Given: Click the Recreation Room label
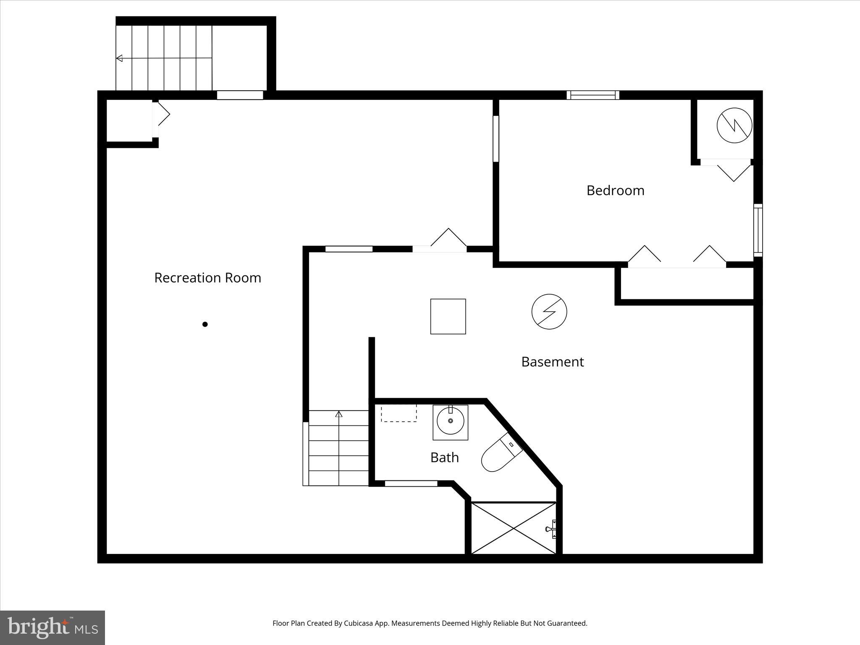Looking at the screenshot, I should pyautogui.click(x=207, y=278).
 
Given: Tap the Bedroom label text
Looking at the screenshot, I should pyautogui.click(x=615, y=190).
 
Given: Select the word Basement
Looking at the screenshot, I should pyautogui.click(x=552, y=362).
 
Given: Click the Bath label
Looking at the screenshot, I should pyautogui.click(x=444, y=457).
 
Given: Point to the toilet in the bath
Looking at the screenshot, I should pyautogui.click(x=501, y=453).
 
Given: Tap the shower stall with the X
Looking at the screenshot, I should pyautogui.click(x=513, y=528).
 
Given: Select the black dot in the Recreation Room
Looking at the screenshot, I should pyautogui.click(x=205, y=324).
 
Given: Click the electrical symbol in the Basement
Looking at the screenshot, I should pyautogui.click(x=549, y=312).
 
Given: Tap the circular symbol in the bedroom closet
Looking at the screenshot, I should pyautogui.click(x=734, y=125).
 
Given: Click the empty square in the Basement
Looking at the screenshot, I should pyautogui.click(x=448, y=317).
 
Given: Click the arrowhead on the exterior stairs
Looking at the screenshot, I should pyautogui.click(x=119, y=58).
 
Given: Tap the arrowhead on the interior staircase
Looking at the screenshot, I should pyautogui.click(x=338, y=414).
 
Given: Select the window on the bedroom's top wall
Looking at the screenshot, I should pyautogui.click(x=593, y=95).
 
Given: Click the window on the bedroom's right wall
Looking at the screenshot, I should pyautogui.click(x=758, y=230).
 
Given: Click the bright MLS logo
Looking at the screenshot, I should pyautogui.click(x=52, y=627).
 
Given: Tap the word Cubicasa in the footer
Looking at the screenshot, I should pyautogui.click(x=359, y=623).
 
